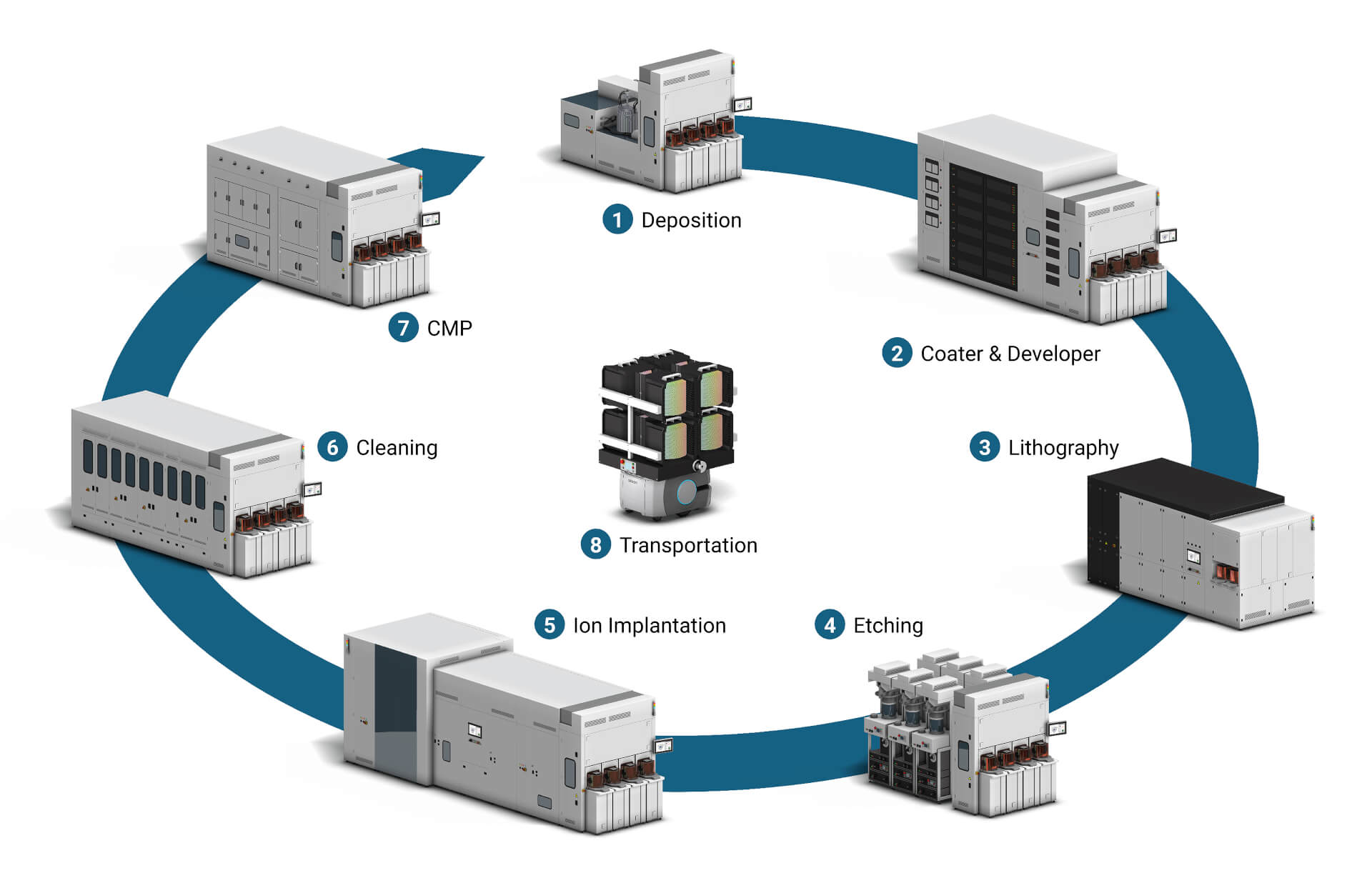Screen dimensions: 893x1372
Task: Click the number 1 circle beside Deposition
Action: (617, 219)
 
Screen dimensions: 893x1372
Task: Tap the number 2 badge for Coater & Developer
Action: (897, 353)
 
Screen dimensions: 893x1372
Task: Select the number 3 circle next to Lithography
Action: (985, 447)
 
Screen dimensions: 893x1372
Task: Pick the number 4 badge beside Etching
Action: (830, 625)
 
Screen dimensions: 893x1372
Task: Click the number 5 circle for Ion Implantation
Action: (550, 625)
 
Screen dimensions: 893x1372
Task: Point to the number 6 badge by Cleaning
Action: (332, 447)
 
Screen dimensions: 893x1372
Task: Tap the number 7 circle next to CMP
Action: (403, 328)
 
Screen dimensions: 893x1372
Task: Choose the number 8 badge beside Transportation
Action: (595, 545)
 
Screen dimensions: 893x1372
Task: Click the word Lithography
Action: (1063, 448)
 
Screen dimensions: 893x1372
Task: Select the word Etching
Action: (888, 626)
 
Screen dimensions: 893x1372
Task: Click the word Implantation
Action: (667, 626)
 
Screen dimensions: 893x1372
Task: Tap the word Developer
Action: (1054, 354)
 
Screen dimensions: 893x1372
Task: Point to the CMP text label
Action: (449, 329)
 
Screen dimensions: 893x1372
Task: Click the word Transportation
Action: (688, 546)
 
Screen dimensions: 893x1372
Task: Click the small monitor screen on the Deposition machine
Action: (743, 104)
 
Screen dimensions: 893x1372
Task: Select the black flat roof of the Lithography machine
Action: (1186, 486)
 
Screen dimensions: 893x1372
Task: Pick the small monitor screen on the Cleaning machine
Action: (313, 489)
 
